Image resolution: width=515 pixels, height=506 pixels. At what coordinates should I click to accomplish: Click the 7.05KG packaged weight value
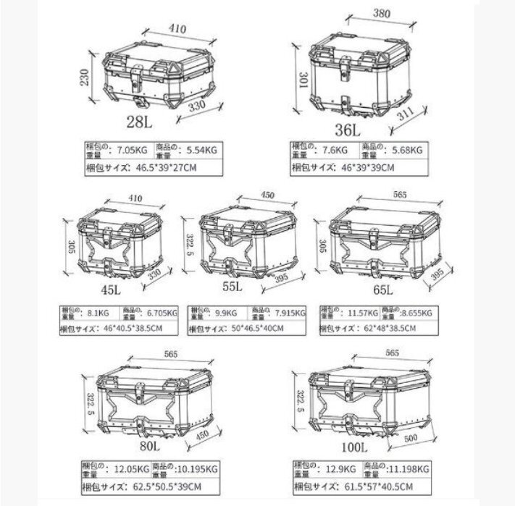tap(134, 151)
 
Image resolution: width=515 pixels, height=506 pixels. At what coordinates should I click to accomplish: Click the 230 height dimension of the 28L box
tap(85, 76)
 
